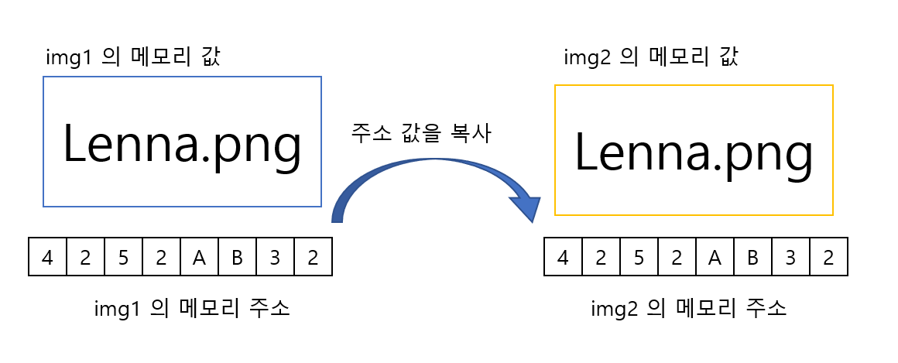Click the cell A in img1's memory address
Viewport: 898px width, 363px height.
(x=199, y=257)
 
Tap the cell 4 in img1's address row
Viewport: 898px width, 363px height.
(x=48, y=257)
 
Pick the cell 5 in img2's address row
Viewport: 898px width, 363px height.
(x=639, y=257)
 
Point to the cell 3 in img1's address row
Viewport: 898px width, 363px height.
(x=275, y=257)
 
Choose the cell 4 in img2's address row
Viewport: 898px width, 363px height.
(x=564, y=257)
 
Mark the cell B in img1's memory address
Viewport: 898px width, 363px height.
(x=237, y=257)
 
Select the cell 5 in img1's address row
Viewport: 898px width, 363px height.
(x=124, y=257)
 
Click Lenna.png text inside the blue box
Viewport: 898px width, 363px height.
(x=181, y=144)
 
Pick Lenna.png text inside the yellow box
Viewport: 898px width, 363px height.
(x=694, y=152)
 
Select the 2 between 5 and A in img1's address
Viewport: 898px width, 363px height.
(x=161, y=257)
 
